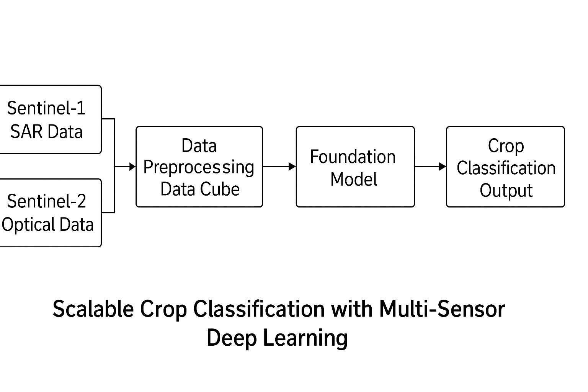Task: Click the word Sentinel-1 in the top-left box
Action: pyautogui.click(x=46, y=108)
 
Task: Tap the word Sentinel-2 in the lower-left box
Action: pyautogui.click(x=46, y=201)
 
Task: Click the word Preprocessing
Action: pyautogui.click(x=199, y=168)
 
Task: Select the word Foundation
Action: pyautogui.click(x=353, y=157)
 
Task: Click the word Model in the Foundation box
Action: pyautogui.click(x=354, y=179)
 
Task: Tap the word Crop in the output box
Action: pyautogui.click(x=506, y=146)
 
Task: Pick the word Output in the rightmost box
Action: pyautogui.click(x=506, y=191)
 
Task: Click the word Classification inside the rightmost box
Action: pyautogui.click(x=506, y=168)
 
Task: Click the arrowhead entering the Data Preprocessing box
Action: pyautogui.click(x=132, y=167)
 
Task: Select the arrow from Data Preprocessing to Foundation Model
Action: pyautogui.click(x=279, y=167)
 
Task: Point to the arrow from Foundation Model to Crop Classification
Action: pyautogui.click(x=431, y=167)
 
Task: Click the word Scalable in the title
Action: pyautogui.click(x=93, y=309)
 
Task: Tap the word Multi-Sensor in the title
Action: pyautogui.click(x=442, y=309)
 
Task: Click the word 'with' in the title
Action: pyautogui.click(x=352, y=309)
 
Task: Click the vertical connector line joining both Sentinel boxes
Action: pyautogui.click(x=114, y=166)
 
